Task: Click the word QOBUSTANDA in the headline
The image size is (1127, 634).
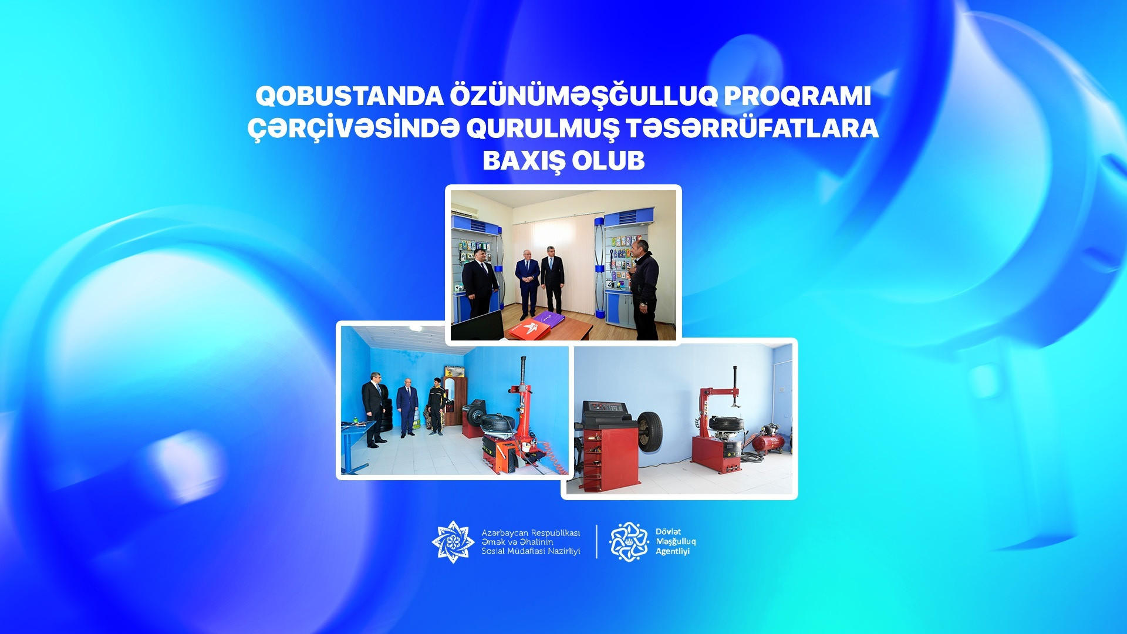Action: (x=349, y=96)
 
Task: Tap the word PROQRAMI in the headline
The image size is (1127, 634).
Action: (x=797, y=96)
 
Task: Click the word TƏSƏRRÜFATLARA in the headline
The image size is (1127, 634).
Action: (x=753, y=129)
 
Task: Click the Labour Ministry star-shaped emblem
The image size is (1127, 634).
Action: (x=453, y=542)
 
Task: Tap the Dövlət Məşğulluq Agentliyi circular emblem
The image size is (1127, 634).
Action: (x=629, y=542)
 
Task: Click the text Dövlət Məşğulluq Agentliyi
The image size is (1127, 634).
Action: (x=676, y=542)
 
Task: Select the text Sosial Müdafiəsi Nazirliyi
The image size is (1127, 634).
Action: (x=531, y=551)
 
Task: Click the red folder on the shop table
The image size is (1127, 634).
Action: (x=530, y=329)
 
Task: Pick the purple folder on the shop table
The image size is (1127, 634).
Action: (x=548, y=319)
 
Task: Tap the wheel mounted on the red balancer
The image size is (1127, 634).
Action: (x=650, y=431)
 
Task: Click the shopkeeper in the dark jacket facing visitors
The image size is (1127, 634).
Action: (x=644, y=289)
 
